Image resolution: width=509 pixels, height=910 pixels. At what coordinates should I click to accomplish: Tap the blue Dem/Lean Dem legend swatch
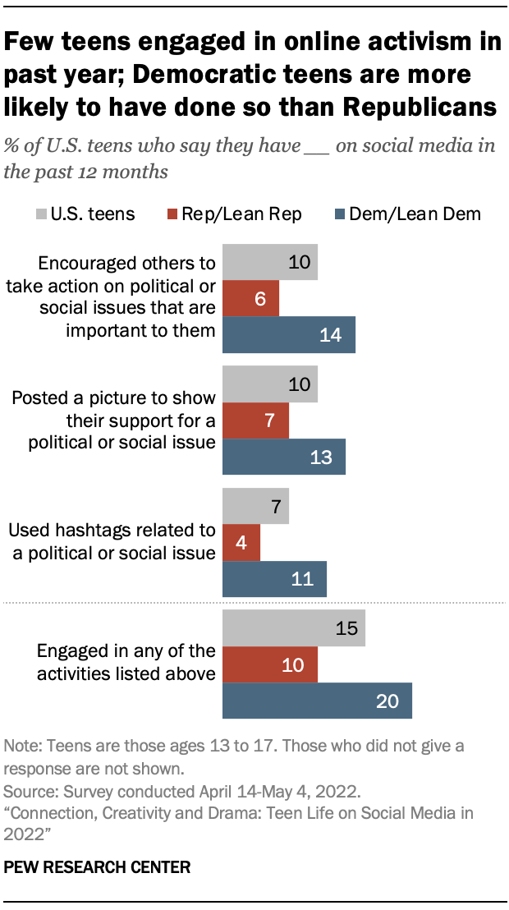(338, 214)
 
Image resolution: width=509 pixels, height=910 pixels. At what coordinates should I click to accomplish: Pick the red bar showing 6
(251, 299)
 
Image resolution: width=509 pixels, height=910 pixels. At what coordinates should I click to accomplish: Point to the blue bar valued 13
(284, 457)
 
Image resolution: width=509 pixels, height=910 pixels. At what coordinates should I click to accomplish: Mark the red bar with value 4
(241, 543)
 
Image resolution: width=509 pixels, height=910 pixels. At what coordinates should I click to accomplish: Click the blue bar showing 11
(275, 579)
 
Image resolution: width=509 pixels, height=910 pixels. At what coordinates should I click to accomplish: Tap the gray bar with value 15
(294, 629)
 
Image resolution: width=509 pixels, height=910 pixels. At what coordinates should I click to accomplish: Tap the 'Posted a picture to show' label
(113, 398)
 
